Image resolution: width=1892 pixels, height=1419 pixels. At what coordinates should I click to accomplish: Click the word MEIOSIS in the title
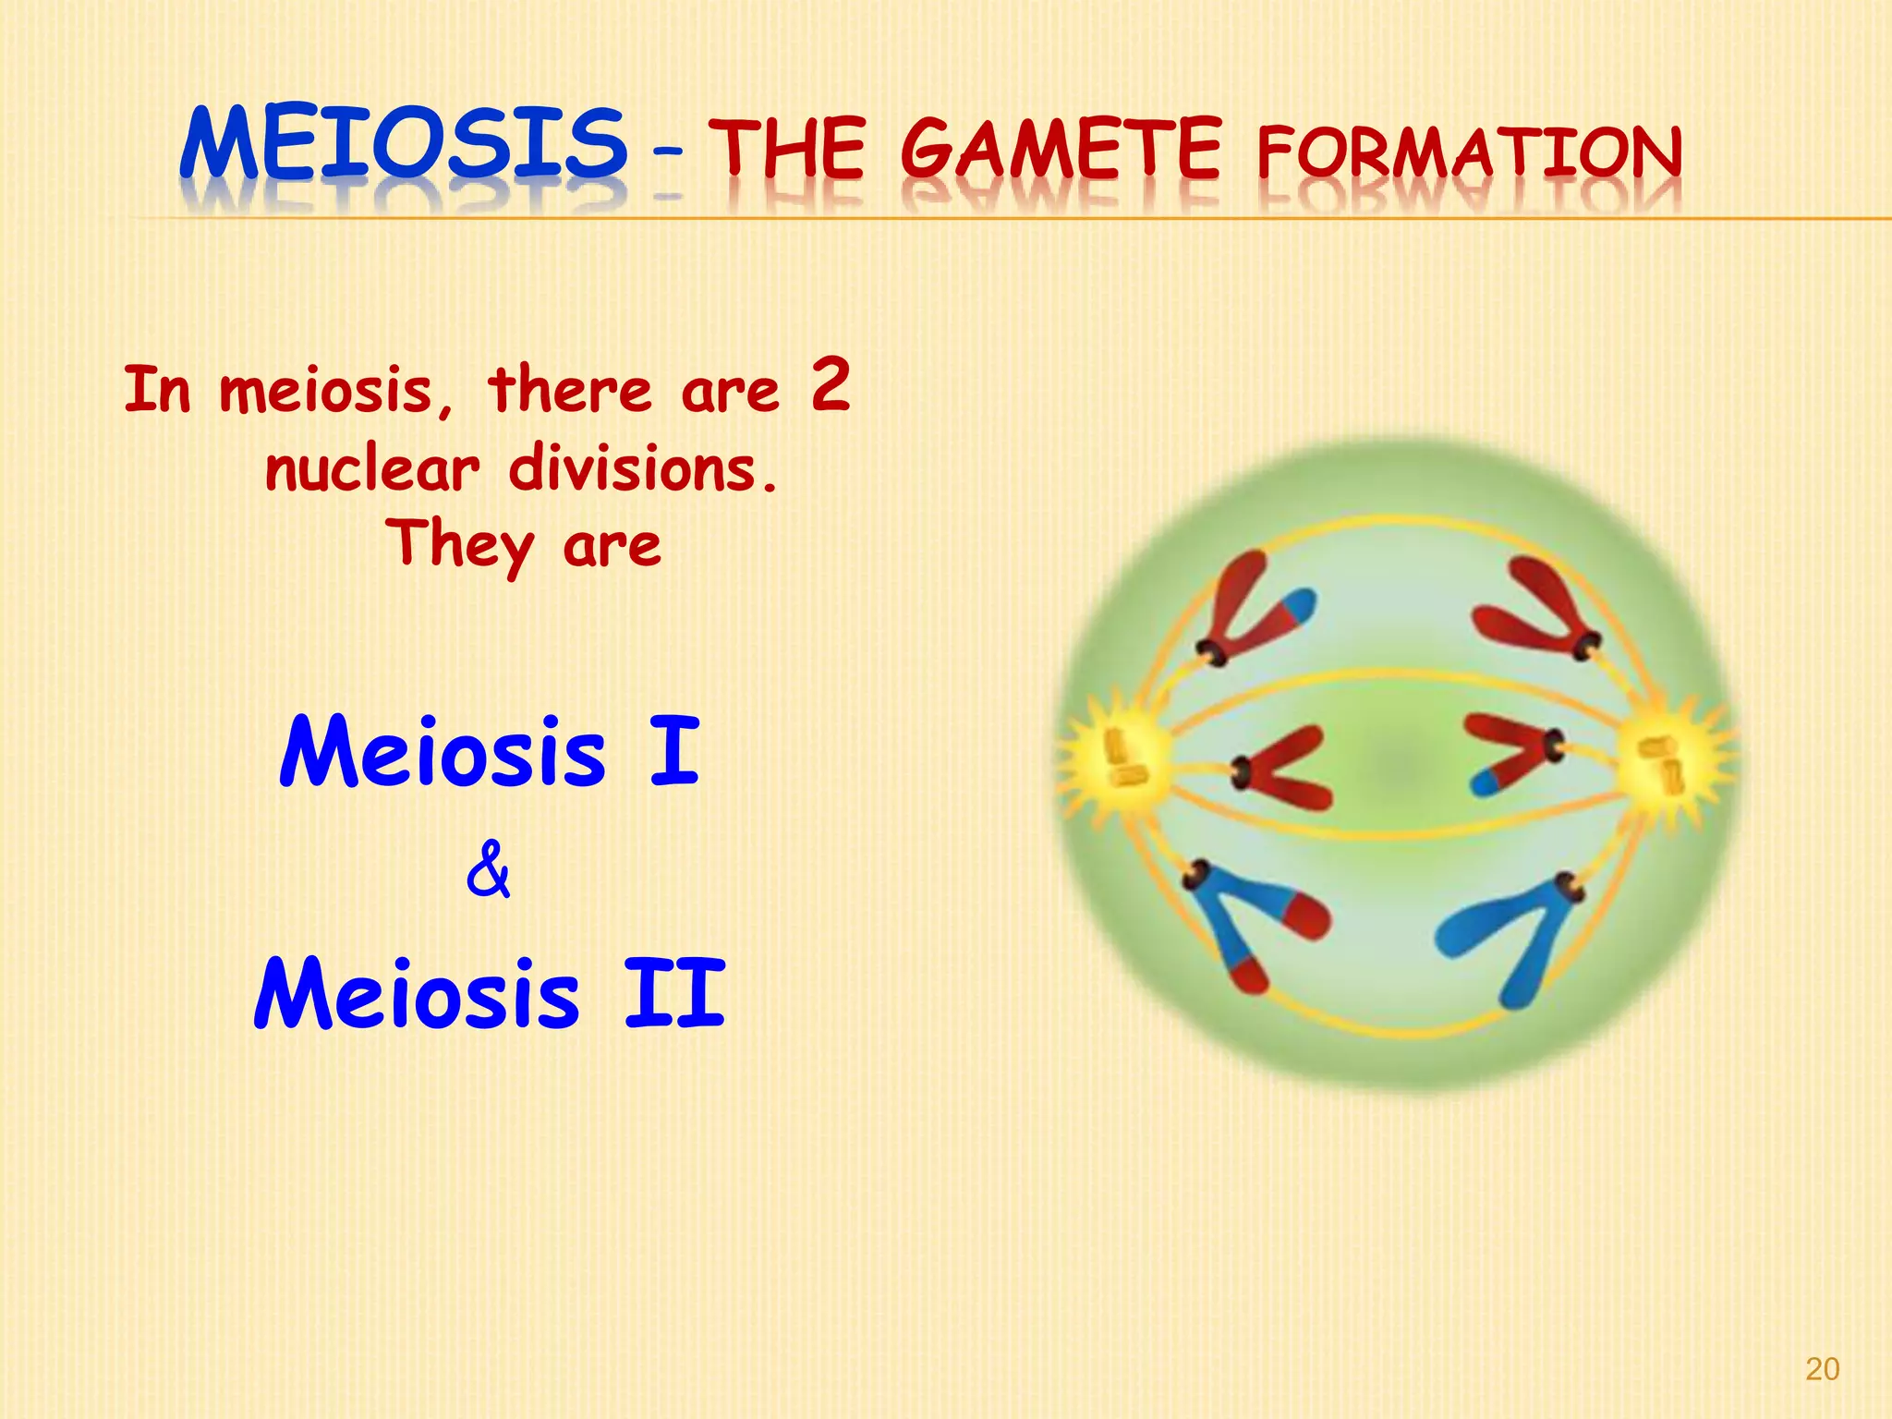point(404,145)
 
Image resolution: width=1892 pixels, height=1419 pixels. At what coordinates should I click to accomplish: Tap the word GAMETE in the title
point(1061,150)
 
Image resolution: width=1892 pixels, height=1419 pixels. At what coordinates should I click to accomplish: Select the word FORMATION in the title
point(1469,154)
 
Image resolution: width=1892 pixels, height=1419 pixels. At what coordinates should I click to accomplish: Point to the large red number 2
point(830,385)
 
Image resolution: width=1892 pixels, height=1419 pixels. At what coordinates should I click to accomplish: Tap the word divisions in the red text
point(642,469)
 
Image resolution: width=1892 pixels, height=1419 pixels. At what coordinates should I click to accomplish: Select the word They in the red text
point(459,545)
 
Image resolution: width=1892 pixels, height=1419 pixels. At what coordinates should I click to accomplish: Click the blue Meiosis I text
point(490,753)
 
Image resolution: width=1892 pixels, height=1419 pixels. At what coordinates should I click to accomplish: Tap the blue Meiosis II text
point(490,995)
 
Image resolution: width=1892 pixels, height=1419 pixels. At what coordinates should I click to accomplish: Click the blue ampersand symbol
point(488,870)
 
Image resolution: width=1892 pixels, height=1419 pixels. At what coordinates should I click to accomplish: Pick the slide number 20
point(1822,1369)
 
